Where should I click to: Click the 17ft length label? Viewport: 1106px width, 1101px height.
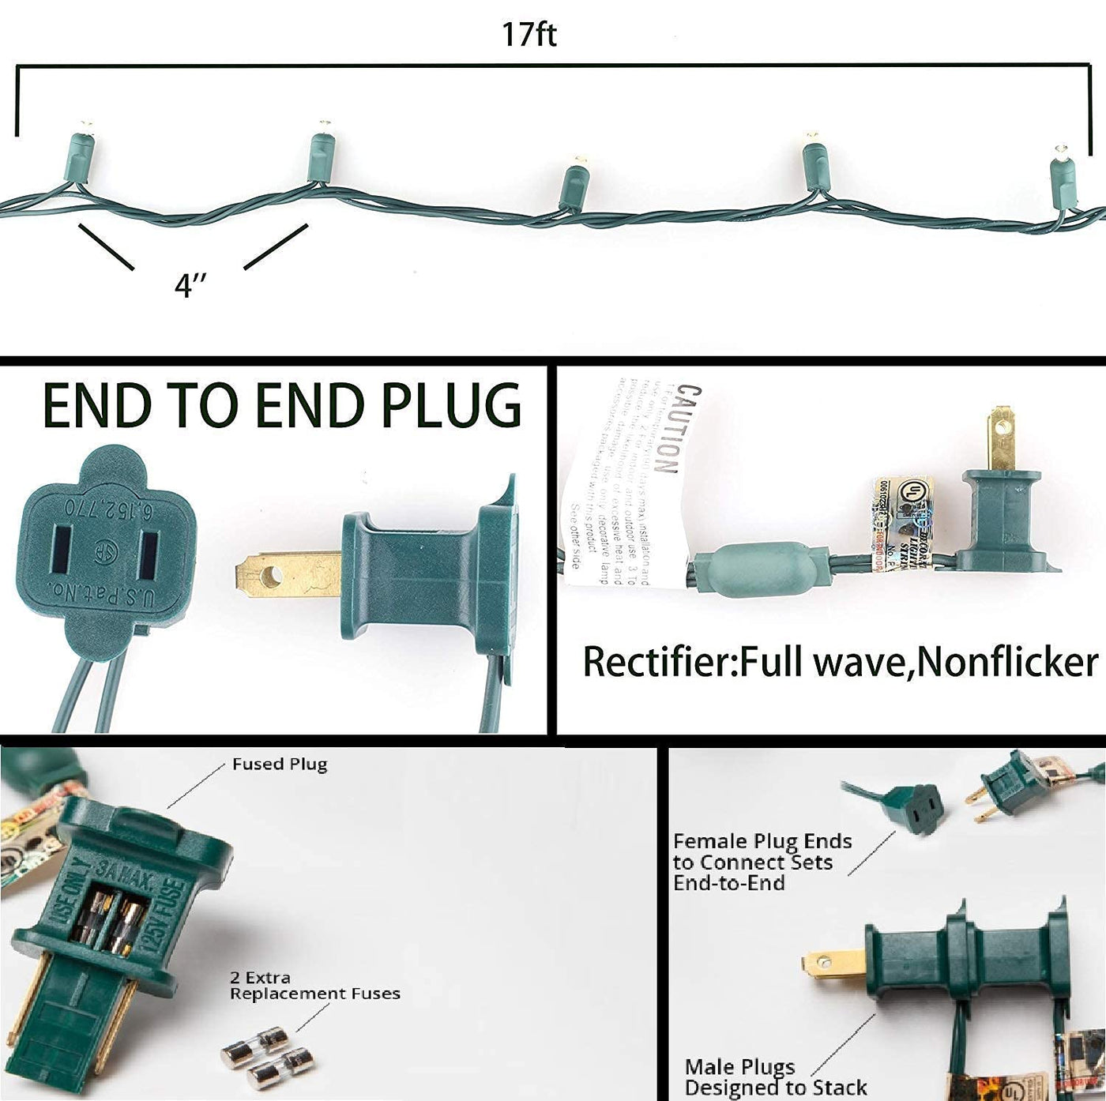(529, 35)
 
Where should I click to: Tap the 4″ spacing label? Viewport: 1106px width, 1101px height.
(190, 284)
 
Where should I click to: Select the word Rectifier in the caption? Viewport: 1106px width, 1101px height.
(658, 662)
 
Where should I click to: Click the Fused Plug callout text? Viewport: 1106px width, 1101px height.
(279, 765)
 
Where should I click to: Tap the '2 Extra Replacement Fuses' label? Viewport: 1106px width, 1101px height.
(314, 986)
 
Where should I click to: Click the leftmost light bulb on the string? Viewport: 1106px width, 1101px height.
(81, 152)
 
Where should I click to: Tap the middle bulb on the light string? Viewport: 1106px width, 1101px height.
(574, 184)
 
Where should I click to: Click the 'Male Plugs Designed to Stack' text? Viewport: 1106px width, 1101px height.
(775, 1077)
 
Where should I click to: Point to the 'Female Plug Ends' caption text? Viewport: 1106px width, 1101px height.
(762, 862)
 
